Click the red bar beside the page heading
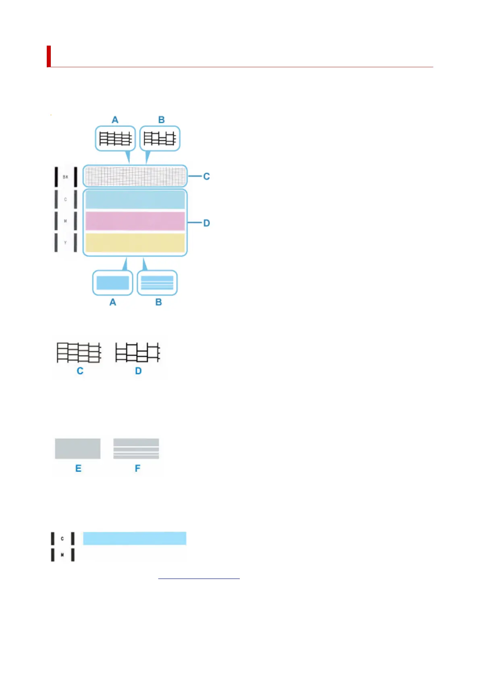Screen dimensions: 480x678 tap(49, 56)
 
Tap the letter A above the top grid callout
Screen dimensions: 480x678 tap(115, 120)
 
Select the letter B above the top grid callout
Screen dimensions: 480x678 tap(161, 120)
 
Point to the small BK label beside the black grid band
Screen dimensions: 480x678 tap(65, 177)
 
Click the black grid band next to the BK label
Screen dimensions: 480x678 tap(135, 176)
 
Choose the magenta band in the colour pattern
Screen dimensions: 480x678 tap(135, 221)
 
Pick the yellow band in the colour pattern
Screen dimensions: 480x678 tap(135, 242)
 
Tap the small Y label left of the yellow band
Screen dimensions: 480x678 tap(65, 243)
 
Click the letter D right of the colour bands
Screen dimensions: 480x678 tap(206, 223)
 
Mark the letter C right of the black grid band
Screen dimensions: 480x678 tap(206, 176)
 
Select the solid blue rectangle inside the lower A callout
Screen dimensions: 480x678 tap(112, 283)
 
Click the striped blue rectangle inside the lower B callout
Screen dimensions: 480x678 tap(157, 283)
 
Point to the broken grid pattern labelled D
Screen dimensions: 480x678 tap(137, 353)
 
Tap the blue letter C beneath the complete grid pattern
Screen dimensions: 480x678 tap(80, 371)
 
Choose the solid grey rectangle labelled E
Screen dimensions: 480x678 tap(77, 449)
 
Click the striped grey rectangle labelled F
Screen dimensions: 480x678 tap(136, 449)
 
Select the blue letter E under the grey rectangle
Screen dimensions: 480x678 tap(78, 468)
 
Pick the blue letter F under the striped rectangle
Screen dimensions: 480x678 tap(137, 468)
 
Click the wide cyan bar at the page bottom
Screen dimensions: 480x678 tap(135, 538)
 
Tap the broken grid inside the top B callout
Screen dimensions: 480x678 tap(160, 138)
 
